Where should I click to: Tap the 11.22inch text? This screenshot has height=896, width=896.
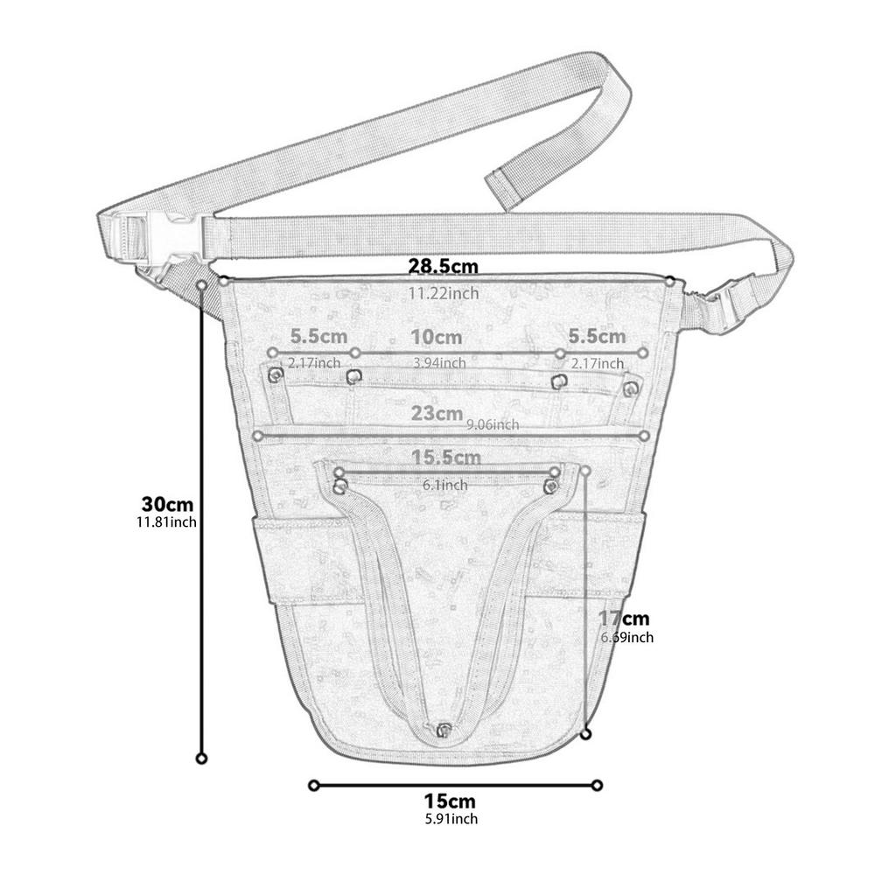pyautogui.click(x=444, y=293)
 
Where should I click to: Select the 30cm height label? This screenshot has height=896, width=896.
pyautogui.click(x=167, y=504)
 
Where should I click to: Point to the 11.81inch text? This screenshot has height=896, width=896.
pyautogui.click(x=166, y=522)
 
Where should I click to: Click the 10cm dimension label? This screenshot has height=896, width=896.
pyautogui.click(x=437, y=337)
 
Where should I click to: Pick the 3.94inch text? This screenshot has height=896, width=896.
pyautogui.click(x=438, y=362)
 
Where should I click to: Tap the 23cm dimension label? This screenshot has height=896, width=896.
pyautogui.click(x=437, y=414)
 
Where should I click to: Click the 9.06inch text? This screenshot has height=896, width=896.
pyautogui.click(x=493, y=424)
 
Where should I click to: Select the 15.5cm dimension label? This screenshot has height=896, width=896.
pyautogui.click(x=445, y=457)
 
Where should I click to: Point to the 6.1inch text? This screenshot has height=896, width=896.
pyautogui.click(x=444, y=485)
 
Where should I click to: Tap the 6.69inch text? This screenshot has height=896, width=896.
pyautogui.click(x=626, y=638)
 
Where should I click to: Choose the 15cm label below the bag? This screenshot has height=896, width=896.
pyautogui.click(x=450, y=801)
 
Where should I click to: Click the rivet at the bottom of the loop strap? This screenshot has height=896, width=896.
pyautogui.click(x=444, y=729)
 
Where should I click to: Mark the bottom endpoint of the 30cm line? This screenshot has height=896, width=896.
pyautogui.click(x=202, y=758)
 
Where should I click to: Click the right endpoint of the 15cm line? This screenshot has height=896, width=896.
pyautogui.click(x=598, y=785)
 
